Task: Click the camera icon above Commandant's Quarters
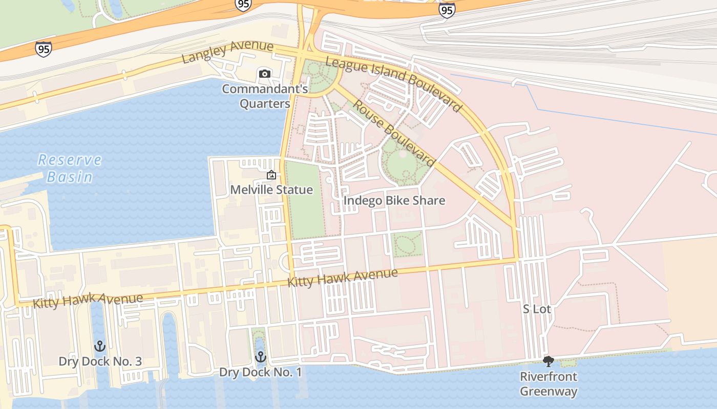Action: click(265, 74)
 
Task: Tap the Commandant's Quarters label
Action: click(265, 97)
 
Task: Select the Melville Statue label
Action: click(271, 190)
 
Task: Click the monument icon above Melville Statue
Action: click(271, 175)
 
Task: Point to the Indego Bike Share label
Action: click(394, 200)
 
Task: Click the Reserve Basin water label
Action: click(70, 168)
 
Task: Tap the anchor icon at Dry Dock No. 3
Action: click(100, 346)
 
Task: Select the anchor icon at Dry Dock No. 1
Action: click(261, 356)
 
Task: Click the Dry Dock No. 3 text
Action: click(100, 361)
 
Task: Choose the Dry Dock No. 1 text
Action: click(261, 372)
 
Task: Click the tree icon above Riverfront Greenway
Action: click(549, 361)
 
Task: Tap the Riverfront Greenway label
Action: click(549, 384)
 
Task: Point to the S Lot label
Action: click(537, 309)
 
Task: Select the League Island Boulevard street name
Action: click(394, 84)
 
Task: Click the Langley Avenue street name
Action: click(227, 52)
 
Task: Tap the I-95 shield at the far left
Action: click(44, 49)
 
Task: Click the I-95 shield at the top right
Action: click(447, 10)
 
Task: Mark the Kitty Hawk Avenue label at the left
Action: click(88, 300)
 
